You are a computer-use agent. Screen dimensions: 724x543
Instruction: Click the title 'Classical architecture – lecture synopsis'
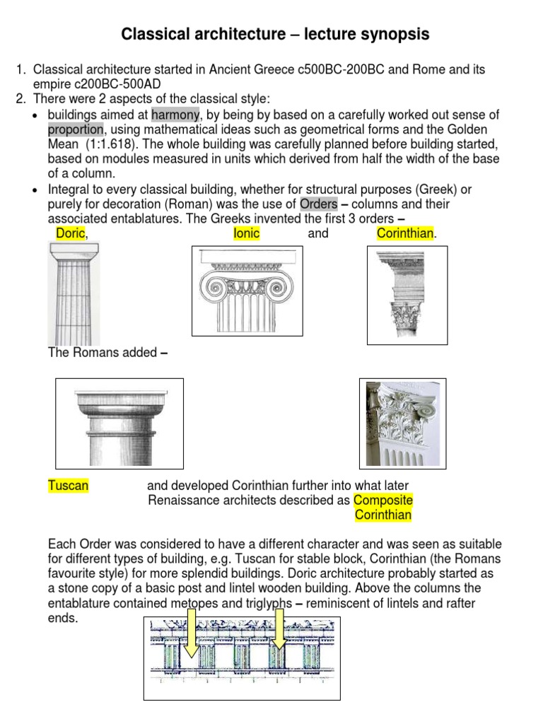point(275,34)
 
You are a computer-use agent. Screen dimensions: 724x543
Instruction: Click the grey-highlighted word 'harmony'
point(176,115)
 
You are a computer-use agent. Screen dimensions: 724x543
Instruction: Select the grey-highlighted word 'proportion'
point(76,129)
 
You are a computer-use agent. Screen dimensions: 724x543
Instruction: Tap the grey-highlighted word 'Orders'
point(318,204)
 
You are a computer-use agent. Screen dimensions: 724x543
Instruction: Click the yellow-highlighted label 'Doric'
point(70,233)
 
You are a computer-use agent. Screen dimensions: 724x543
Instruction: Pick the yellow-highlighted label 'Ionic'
point(247,233)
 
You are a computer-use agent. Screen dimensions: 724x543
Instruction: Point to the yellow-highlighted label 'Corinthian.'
point(406,233)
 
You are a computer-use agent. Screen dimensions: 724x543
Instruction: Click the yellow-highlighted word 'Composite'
point(383,501)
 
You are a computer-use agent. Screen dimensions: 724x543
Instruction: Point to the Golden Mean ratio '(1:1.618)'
point(109,144)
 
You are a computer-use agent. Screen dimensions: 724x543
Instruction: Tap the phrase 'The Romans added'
point(102,352)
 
